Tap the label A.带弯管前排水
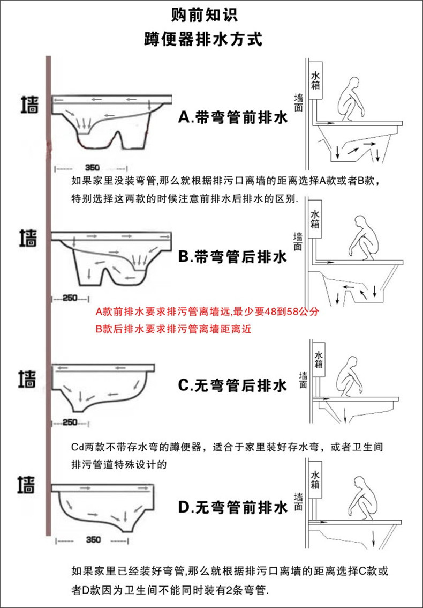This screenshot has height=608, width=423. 232,117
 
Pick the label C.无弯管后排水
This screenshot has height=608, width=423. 232,385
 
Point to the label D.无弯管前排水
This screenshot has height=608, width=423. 232,506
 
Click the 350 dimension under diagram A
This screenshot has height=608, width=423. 93,167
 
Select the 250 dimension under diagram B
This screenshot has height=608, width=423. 70,298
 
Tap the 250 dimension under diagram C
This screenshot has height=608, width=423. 70,422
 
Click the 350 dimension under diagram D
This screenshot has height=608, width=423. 93,540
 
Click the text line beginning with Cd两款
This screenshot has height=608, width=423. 225,447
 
